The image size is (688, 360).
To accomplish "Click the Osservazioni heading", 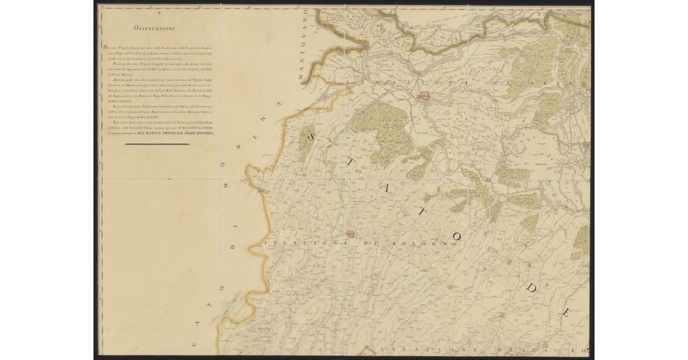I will tap(155, 28).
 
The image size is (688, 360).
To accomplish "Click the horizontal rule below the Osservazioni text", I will tap(157, 144).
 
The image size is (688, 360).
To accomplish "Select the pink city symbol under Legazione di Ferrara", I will tap(425, 96).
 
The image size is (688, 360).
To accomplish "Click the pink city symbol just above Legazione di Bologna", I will tap(351, 234).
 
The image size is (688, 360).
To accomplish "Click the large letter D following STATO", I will tap(531, 288).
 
